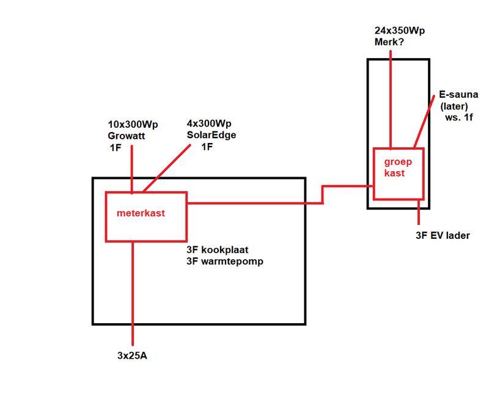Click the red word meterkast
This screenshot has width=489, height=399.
click(141, 214)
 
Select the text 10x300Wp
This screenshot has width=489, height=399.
click(133, 125)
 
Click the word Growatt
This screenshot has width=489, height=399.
click(127, 136)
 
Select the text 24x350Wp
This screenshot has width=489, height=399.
click(399, 30)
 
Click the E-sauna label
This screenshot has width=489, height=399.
click(458, 95)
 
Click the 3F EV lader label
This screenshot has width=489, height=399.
click(438, 235)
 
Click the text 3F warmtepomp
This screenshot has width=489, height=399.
click(225, 263)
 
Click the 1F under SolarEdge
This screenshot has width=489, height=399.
click(208, 146)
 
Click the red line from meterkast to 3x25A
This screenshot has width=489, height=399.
click(133, 293)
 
